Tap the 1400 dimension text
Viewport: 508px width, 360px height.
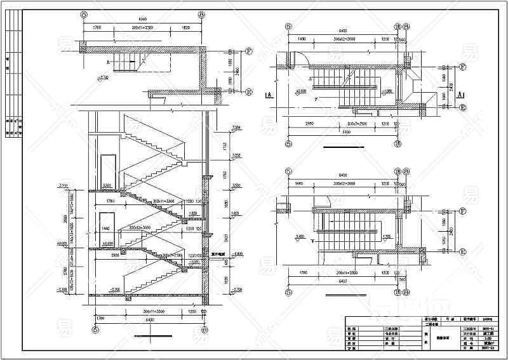(x=301, y=39)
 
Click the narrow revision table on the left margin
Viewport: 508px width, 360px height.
(x=13, y=76)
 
